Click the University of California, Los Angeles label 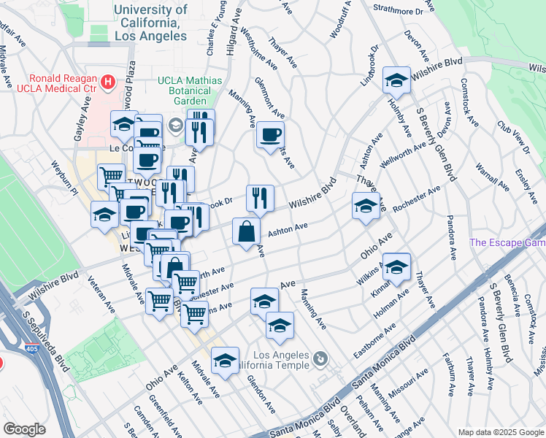click(x=150, y=22)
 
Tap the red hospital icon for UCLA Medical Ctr click(x=109, y=81)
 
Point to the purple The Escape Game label click(x=507, y=243)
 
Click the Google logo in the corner click(x=25, y=429)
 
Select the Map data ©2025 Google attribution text click(x=501, y=432)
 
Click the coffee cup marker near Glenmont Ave click(x=270, y=135)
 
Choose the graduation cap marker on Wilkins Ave click(x=396, y=267)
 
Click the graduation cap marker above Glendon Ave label click(x=226, y=361)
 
